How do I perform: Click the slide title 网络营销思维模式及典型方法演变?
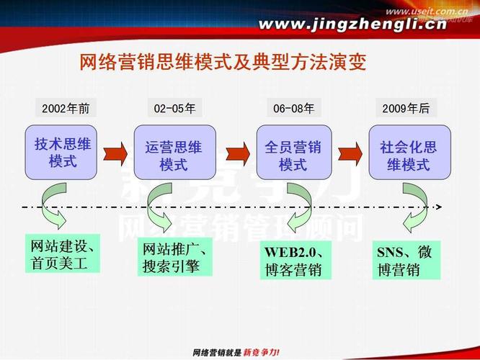[x=223, y=63]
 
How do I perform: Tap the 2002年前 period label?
[x=66, y=109]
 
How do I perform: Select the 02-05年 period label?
[x=174, y=109]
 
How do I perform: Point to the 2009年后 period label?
[x=406, y=109]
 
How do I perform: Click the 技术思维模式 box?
[x=63, y=153]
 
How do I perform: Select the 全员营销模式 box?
[x=293, y=153]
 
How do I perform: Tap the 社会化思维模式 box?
[x=409, y=153]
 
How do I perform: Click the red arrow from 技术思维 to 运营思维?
[x=115, y=153]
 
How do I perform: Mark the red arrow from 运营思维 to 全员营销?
[x=236, y=153]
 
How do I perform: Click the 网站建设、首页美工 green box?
[x=62, y=253]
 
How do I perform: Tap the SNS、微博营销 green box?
[x=407, y=261]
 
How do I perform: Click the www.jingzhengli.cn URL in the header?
[x=353, y=25]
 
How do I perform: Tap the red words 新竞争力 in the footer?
[x=259, y=352]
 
